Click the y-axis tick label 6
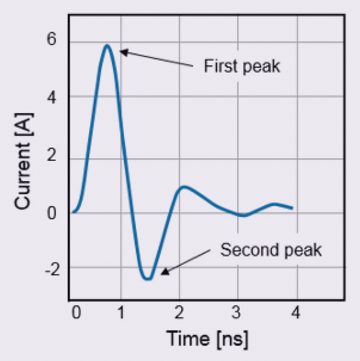[52, 41]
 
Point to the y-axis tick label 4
[52, 97]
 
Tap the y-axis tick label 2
[52, 157]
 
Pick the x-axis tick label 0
[76, 312]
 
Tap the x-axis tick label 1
[121, 312]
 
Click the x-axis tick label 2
[179, 312]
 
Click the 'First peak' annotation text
[242, 66]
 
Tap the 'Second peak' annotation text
[271, 249]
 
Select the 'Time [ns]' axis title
[207, 339]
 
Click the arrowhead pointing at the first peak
[122, 52]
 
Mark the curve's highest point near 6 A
[107, 45]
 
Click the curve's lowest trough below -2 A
[148, 279]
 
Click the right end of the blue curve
[292, 208]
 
